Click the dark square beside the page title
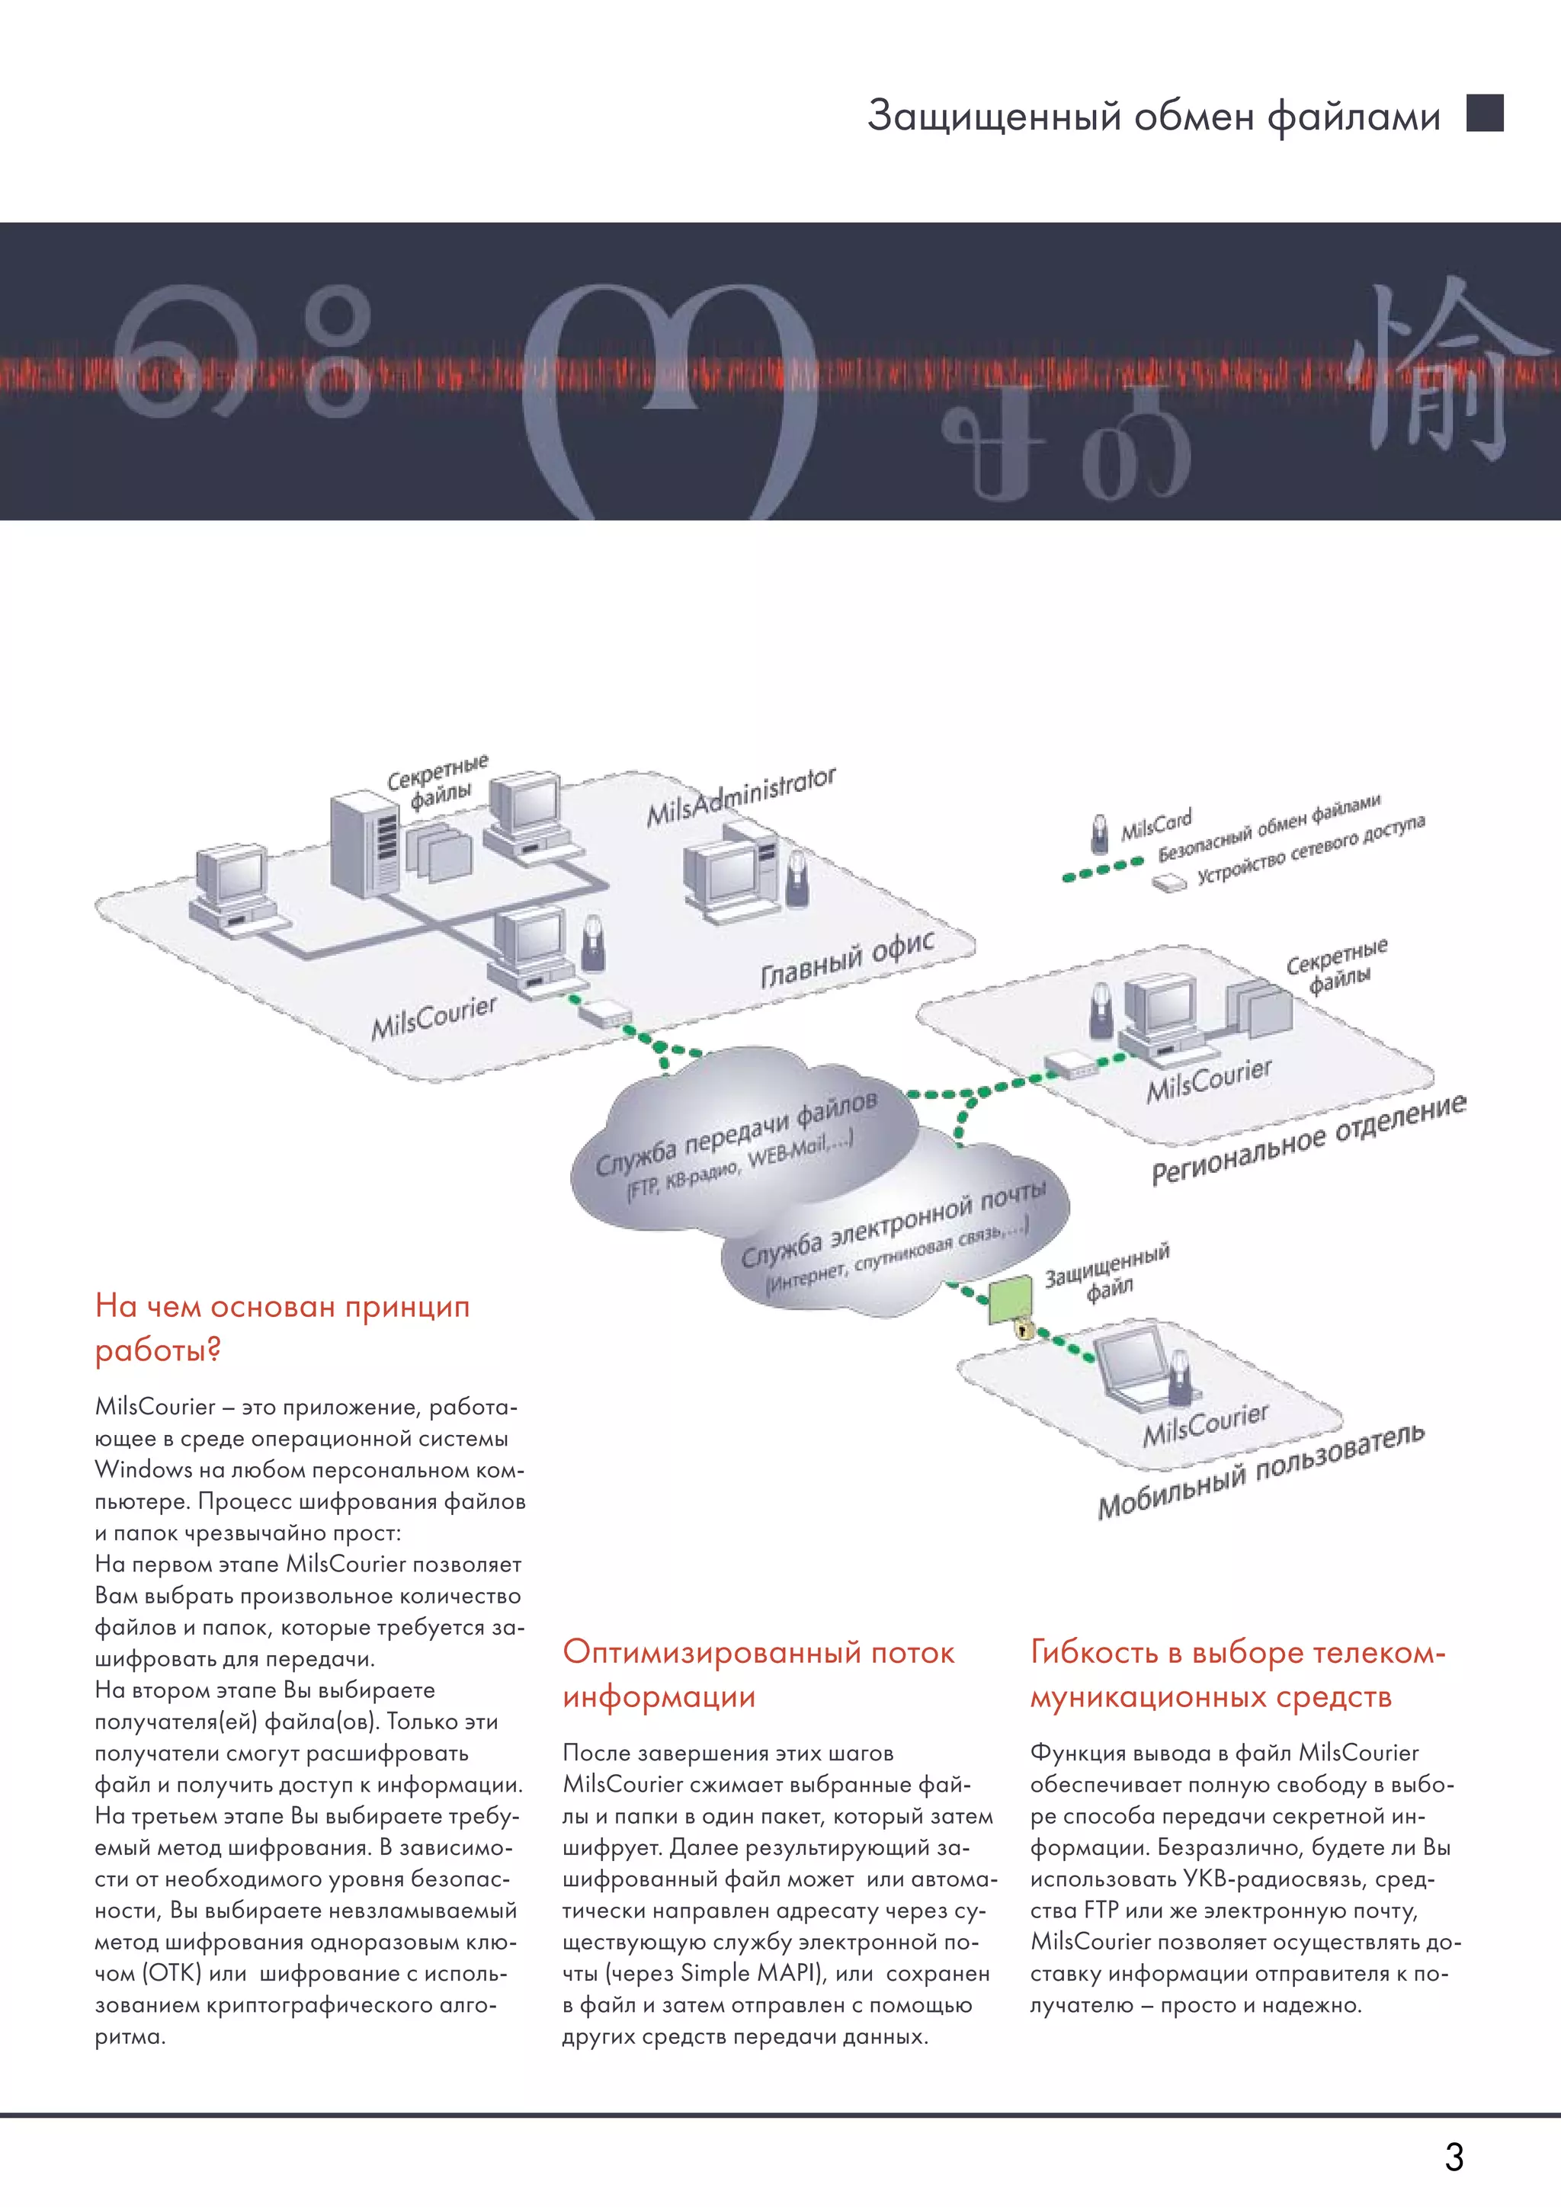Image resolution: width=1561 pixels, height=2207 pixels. click(1484, 114)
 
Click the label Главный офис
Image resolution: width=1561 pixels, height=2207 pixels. click(847, 960)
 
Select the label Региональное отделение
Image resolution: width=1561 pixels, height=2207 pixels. click(1308, 1140)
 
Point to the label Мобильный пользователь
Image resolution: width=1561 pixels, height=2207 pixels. click(1260, 1472)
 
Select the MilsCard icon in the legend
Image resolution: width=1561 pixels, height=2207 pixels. click(1098, 834)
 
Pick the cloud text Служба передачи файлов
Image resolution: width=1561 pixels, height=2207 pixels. click(736, 1134)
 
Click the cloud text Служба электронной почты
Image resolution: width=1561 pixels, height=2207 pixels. click(893, 1225)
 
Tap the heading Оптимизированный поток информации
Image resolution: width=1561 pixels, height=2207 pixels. click(758, 1674)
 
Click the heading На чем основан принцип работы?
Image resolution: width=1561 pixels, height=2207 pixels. click(281, 1328)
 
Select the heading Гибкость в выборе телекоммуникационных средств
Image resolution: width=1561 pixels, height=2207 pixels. click(1237, 1674)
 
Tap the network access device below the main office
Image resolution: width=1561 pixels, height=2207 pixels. click(604, 1012)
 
